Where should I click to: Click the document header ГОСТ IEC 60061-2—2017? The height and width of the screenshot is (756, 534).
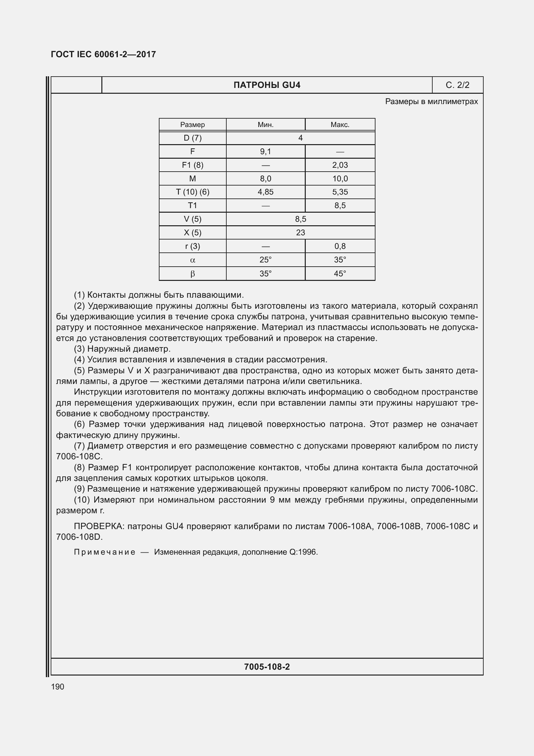(x=103, y=54)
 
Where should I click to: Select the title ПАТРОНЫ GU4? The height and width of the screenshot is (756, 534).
(x=267, y=85)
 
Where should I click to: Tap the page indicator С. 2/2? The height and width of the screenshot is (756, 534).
(x=457, y=85)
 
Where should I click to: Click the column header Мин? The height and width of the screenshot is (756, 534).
(x=265, y=125)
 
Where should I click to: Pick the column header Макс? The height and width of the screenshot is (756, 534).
(x=340, y=125)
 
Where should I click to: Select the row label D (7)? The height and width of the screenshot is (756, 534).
(x=192, y=138)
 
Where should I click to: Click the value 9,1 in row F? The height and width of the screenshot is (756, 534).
(x=265, y=152)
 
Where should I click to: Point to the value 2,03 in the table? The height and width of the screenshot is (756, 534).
(x=340, y=165)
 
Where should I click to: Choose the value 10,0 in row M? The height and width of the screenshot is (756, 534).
(x=340, y=178)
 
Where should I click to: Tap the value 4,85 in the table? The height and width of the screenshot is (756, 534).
(x=265, y=192)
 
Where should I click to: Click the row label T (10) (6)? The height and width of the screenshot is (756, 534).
(x=192, y=192)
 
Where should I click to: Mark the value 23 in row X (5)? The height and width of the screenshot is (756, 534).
(x=300, y=233)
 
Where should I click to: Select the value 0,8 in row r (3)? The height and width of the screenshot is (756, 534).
(x=340, y=246)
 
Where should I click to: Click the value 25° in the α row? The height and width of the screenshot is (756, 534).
(x=265, y=260)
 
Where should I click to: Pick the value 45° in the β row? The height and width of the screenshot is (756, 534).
(x=340, y=274)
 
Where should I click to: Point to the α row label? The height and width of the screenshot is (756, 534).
(x=192, y=260)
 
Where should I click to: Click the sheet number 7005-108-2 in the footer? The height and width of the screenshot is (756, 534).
(x=267, y=667)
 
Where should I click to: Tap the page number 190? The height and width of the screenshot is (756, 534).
(x=57, y=687)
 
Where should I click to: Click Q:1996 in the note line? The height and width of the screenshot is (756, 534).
(x=303, y=552)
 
